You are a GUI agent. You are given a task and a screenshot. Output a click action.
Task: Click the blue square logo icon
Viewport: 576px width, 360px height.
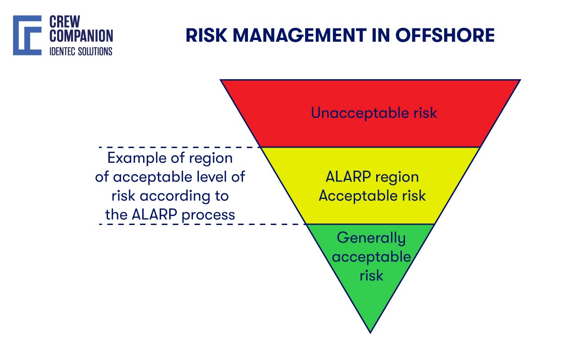tap(27, 36)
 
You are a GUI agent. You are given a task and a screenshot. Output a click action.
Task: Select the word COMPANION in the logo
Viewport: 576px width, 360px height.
tap(81, 36)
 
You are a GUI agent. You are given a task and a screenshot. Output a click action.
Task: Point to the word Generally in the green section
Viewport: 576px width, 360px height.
tap(371, 238)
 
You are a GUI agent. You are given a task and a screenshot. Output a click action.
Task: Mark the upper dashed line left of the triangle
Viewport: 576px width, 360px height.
tap(180, 147)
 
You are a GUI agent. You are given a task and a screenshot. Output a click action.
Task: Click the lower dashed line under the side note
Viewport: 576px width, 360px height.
tap(202, 224)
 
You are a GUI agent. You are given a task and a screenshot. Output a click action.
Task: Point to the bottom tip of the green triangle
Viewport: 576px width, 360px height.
tap(370, 332)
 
